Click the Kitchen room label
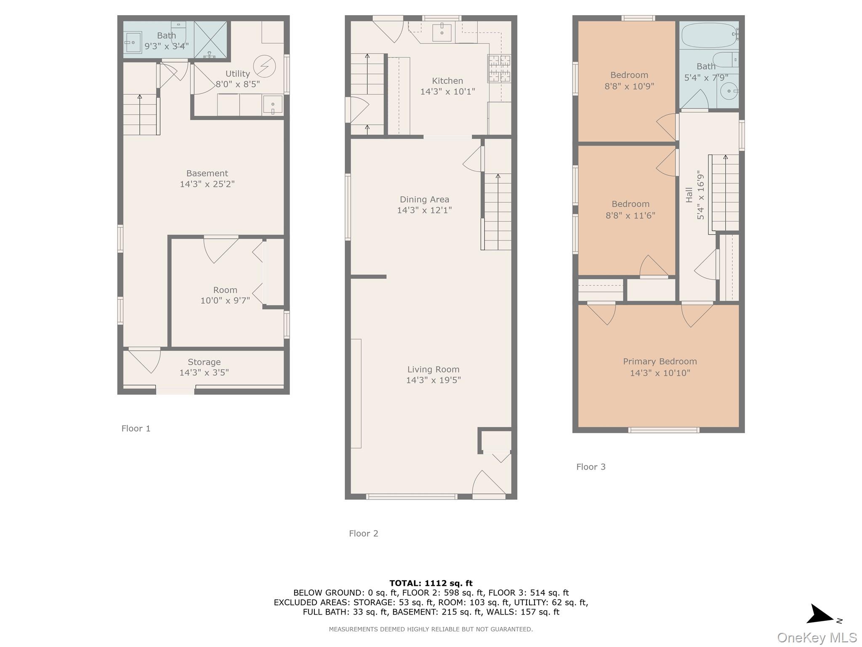[x=447, y=81]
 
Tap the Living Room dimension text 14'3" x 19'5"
[x=433, y=380]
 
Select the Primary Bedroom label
[x=660, y=361]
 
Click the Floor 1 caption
[x=136, y=428]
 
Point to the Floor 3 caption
[x=591, y=467]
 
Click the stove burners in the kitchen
[x=499, y=68]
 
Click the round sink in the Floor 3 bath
[x=729, y=91]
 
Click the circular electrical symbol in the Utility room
[x=264, y=67]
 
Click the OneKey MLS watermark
[x=817, y=638]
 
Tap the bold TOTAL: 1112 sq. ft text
[x=431, y=583]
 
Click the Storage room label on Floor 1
[x=204, y=362]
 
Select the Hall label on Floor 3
[x=689, y=195]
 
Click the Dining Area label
[x=424, y=199]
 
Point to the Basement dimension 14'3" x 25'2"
[x=207, y=184]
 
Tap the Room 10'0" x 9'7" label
[x=225, y=295]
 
